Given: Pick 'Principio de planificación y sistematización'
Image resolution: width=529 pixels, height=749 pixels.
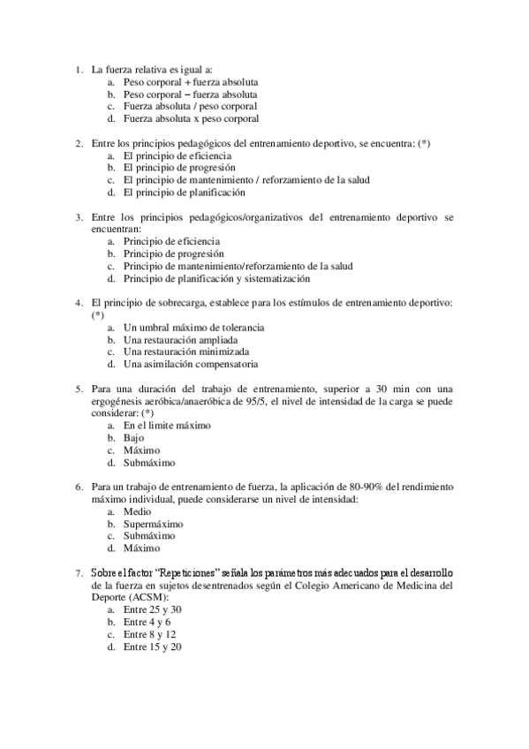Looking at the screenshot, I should click(x=216, y=278).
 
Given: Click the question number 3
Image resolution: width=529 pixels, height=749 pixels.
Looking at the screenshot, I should click(x=79, y=216).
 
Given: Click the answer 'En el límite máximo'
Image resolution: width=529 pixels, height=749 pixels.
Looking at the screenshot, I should click(x=167, y=425).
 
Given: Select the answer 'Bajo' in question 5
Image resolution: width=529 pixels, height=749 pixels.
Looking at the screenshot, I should click(x=133, y=437).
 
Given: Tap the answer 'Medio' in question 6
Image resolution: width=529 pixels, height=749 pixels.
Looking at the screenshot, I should click(x=137, y=511).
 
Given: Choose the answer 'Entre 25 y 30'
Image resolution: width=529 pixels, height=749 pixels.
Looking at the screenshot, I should click(x=153, y=609).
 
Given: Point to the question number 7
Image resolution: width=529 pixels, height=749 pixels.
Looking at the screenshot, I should click(x=79, y=572).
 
